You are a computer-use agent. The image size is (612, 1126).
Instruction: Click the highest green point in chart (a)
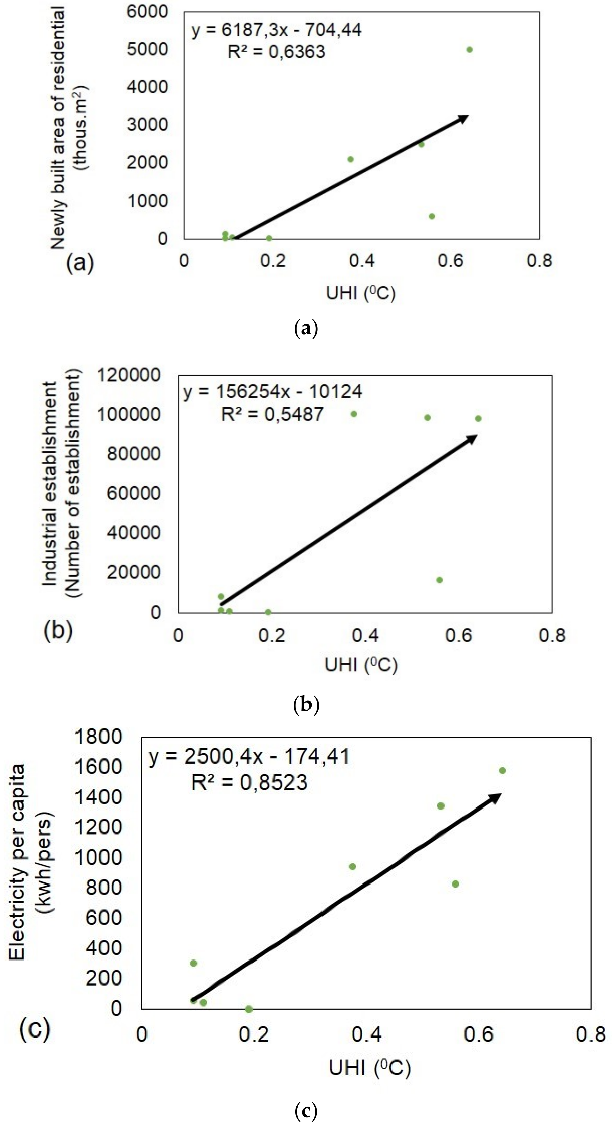(x=469, y=49)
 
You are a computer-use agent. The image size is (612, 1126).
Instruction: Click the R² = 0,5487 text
(x=272, y=414)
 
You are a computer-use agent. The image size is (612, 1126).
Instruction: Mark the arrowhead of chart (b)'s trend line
(x=472, y=438)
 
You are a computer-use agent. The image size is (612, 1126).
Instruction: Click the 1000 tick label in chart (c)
(x=98, y=857)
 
